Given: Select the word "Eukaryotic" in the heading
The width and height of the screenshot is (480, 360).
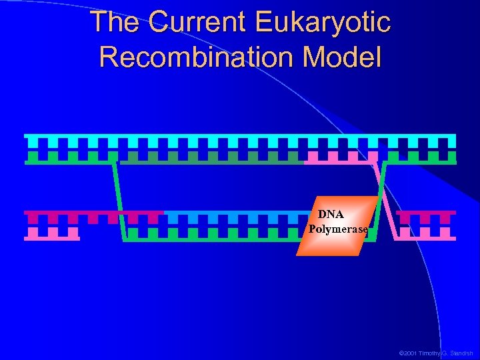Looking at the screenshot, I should [x=323, y=22].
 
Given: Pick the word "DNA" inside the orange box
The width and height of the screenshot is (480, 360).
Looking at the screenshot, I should [x=331, y=215].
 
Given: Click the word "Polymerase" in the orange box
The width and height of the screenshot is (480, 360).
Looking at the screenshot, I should [x=338, y=229].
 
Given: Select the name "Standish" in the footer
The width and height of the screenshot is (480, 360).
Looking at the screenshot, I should [x=459, y=353].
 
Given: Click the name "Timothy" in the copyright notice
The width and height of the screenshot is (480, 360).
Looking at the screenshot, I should [x=432, y=353].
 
